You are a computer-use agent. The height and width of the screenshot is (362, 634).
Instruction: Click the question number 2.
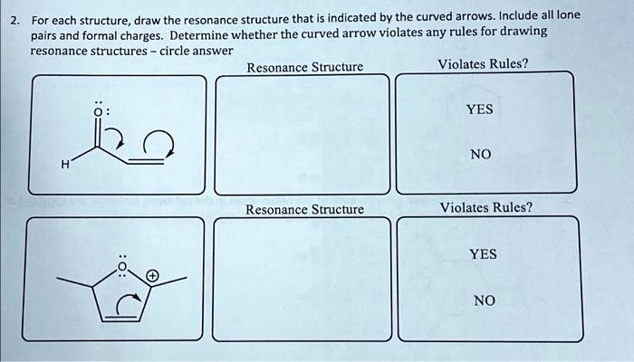click(11, 17)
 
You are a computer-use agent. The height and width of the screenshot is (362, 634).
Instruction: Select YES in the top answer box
click(479, 109)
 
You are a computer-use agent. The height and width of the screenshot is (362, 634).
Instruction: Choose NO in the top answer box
click(479, 155)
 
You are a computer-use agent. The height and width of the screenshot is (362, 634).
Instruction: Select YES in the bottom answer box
click(483, 253)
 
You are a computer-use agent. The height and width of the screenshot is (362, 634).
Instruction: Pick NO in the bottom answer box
click(484, 300)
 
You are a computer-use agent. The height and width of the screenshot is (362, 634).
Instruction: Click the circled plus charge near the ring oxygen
click(152, 274)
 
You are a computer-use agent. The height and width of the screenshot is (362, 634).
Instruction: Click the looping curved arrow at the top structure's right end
click(165, 141)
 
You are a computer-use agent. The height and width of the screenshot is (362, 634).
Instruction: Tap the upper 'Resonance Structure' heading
click(304, 67)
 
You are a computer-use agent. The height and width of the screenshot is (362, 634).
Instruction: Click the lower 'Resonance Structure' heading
click(304, 209)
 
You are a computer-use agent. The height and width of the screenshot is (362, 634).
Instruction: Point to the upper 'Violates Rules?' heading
click(483, 64)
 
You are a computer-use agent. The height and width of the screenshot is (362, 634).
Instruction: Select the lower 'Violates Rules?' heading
click(485, 207)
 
